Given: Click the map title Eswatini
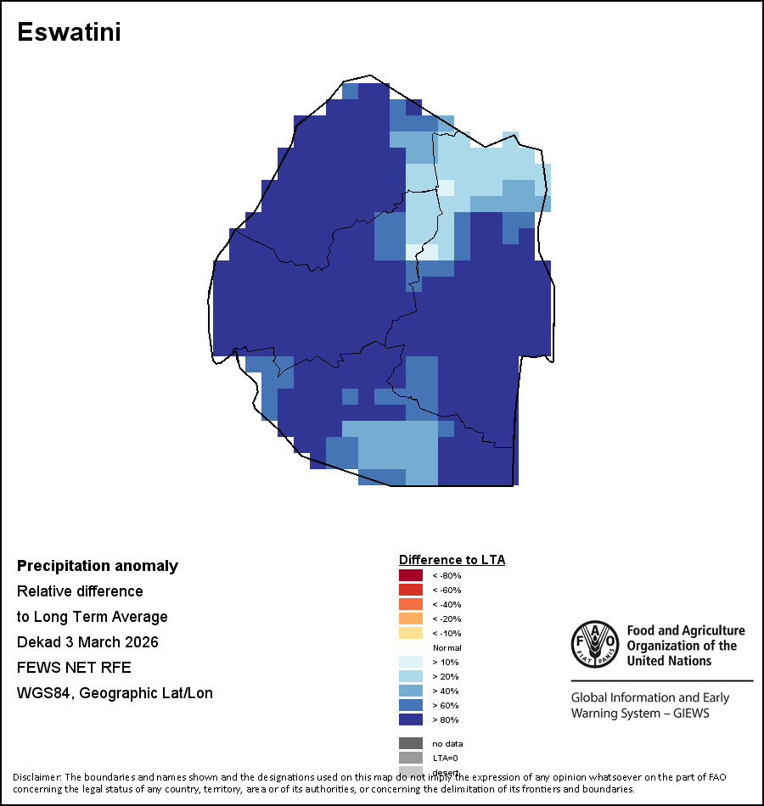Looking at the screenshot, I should click(69, 32).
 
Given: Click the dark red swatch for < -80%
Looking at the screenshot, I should click(411, 575).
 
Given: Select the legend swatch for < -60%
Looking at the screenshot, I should click(411, 590).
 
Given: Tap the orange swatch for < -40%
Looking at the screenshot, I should click(411, 604).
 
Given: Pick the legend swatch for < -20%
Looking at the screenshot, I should click(411, 618).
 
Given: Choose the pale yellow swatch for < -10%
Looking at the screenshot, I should click(411, 633).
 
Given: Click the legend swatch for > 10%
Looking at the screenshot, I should click(411, 662).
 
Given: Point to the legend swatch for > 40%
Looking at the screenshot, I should click(411, 691).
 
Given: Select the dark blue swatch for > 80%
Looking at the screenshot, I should click(411, 719).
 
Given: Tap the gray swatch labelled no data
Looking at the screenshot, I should click(411, 743).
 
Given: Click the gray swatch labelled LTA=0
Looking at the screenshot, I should click(411, 758).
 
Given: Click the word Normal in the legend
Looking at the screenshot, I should click(447, 647).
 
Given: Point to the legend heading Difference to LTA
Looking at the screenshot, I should click(452, 560).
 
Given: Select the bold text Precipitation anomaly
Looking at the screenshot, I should click(98, 566).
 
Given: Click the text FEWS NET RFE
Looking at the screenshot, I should click(74, 668).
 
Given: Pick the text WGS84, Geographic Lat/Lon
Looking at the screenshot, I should click(115, 693).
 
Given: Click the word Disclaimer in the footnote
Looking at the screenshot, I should click(37, 777).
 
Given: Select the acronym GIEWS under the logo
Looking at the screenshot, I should click(688, 714).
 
